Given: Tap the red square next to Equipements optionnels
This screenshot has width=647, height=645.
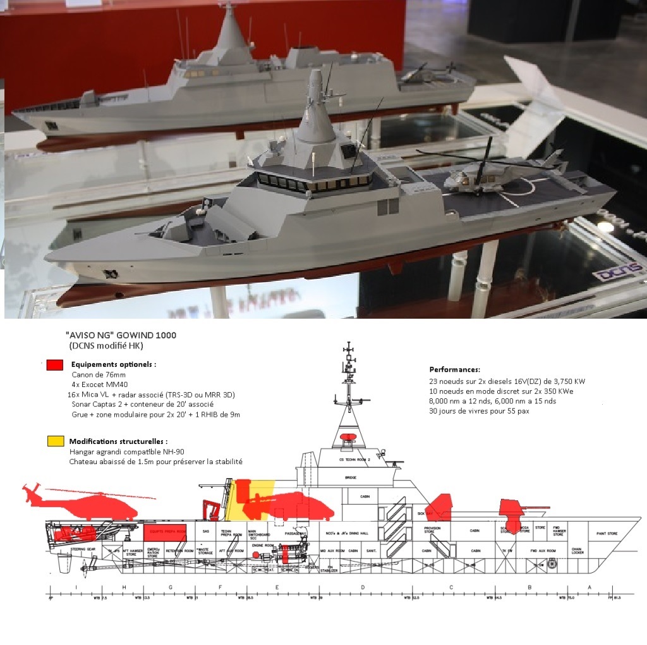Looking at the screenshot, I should point(55,365).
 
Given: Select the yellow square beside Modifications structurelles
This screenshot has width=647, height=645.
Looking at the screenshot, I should point(55,441).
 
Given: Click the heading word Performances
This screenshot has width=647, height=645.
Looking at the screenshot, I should point(455,369).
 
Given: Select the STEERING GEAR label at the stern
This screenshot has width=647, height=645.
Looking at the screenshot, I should point(83,550).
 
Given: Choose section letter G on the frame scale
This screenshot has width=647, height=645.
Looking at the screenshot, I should point(171,587).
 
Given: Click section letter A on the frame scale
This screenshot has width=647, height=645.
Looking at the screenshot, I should point(590,587).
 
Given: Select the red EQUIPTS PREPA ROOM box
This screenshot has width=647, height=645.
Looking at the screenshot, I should point(166,532).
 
